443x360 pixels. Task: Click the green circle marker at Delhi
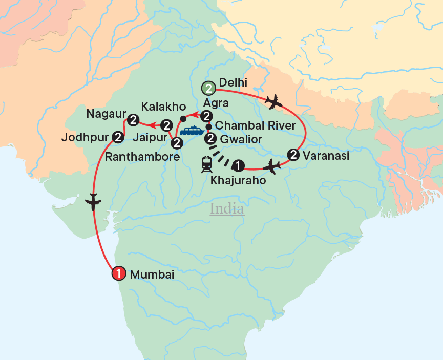pos(208,88)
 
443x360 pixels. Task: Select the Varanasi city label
pos(326,155)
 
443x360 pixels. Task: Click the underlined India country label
pos(227,209)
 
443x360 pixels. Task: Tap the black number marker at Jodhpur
pos(117,137)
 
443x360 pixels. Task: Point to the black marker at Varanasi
pos(293,154)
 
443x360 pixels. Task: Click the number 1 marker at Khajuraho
pos(238,165)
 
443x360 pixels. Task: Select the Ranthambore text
pos(142,157)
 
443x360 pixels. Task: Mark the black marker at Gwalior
pos(209,139)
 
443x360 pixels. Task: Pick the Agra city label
pos(216,103)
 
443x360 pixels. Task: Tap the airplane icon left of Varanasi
pos(271,166)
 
